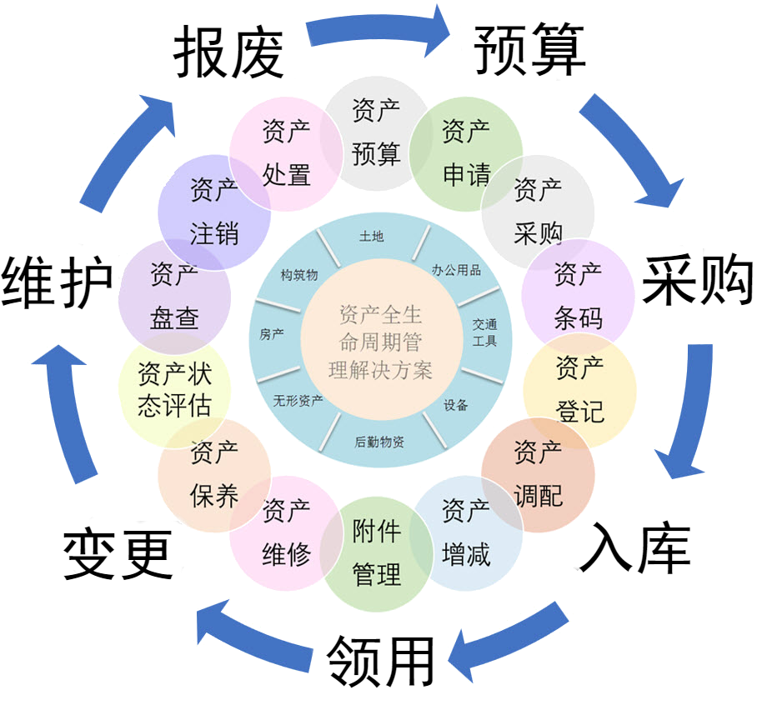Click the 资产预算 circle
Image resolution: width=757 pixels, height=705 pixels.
[376, 132]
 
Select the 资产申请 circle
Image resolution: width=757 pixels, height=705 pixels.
[465, 153]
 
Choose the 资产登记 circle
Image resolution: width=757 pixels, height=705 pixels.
[579, 389]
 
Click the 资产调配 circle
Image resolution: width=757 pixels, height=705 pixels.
[538, 475]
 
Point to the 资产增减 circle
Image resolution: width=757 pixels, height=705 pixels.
[466, 532]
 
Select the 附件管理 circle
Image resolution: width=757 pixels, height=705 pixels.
[377, 552]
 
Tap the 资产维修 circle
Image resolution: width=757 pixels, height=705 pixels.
[286, 532]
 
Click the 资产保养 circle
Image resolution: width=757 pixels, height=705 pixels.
[214, 475]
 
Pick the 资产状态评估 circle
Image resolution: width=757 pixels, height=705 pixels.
[174, 389]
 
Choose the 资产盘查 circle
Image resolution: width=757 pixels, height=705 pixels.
[175, 295]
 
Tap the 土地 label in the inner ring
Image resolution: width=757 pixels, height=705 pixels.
[371, 237]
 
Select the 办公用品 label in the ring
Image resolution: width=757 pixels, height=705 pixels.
[456, 270]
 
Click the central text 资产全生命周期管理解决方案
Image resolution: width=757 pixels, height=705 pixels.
[381, 342]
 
